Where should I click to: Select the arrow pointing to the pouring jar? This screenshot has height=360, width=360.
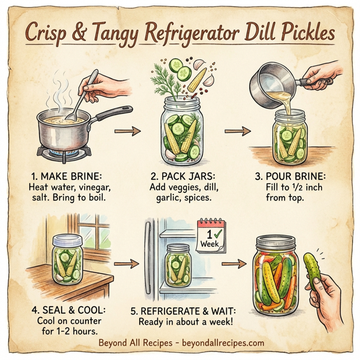click(x=237, y=130)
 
